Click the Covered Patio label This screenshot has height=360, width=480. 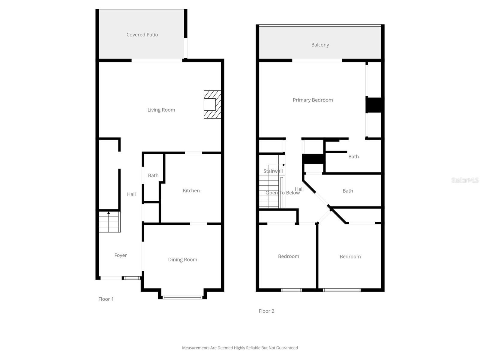click(142, 35)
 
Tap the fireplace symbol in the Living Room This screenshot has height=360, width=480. click(212, 104)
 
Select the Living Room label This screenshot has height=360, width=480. click(161, 110)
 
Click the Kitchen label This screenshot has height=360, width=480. click(191, 190)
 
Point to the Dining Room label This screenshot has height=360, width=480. click(182, 259)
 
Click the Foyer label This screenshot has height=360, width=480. click(121, 255)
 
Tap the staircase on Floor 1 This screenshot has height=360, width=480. click(109, 222)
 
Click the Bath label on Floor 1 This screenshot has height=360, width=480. click(153, 175)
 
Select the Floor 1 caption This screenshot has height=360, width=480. click(106, 299)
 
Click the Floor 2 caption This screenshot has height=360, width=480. click(266, 311)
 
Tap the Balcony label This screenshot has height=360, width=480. click(320, 45)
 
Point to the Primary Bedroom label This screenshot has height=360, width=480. click(313, 100)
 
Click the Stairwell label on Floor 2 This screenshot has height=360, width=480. click(273, 171)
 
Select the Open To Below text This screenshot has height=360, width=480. click(283, 193)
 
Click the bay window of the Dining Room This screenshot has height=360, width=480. click(182, 297)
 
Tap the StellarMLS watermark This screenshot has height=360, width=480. click(465, 180)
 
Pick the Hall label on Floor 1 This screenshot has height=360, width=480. click(131, 194)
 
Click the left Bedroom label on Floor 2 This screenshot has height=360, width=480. click(288, 256)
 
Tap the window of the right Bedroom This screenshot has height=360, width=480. click(341, 290)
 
